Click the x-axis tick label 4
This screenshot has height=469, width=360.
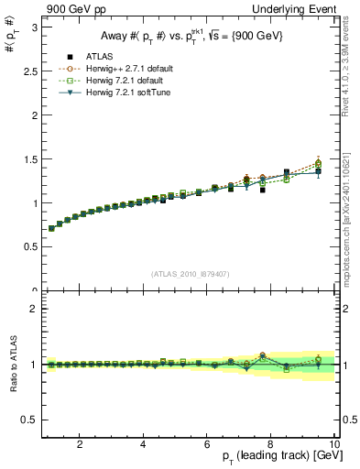tap(144, 444)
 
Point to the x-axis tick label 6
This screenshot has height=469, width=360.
tap(207, 444)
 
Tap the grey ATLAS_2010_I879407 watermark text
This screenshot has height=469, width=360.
tap(190, 274)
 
